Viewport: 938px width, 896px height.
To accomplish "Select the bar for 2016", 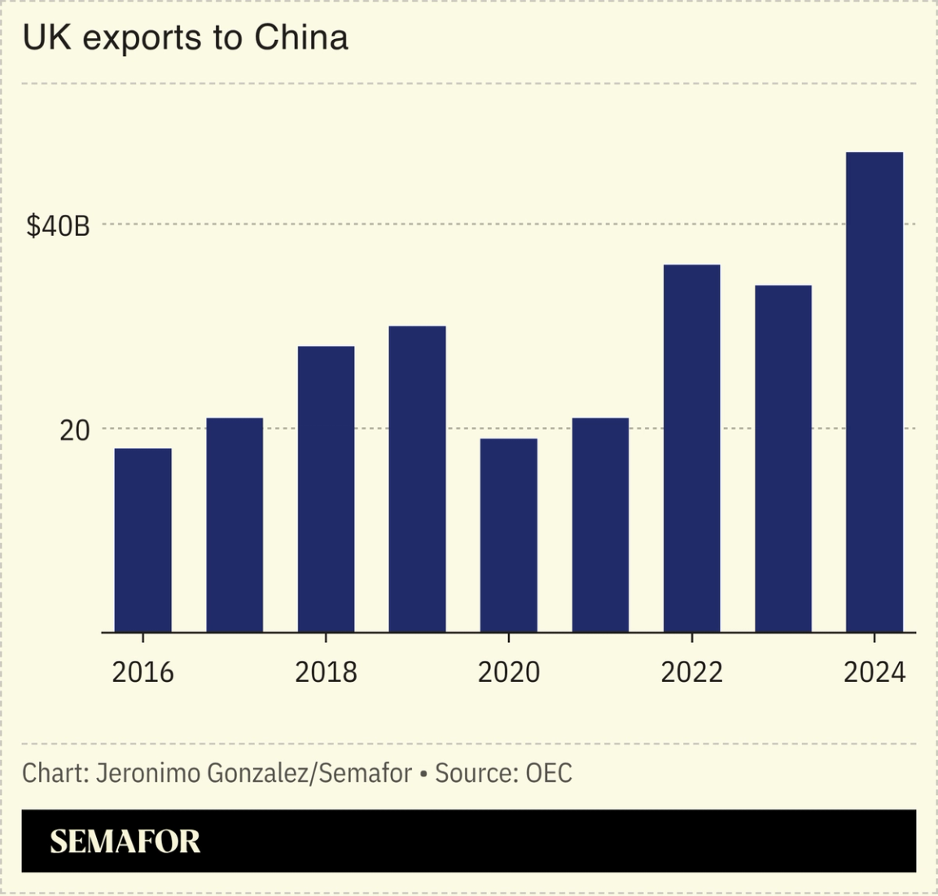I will [142, 540].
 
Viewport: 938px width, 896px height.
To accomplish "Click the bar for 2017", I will [234, 525].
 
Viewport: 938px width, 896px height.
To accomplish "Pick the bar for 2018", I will [326, 489].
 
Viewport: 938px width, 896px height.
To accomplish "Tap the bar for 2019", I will [417, 479].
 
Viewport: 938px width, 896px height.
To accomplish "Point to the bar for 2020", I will [508, 535].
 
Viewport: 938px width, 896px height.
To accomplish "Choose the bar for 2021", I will [600, 525].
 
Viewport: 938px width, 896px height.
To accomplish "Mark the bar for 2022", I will [691, 448].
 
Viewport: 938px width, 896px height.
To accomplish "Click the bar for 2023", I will [782, 459].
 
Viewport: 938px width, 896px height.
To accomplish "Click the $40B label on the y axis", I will [58, 226].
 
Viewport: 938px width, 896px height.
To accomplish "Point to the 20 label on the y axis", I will [74, 431].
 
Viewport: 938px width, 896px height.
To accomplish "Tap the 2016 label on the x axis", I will [142, 672].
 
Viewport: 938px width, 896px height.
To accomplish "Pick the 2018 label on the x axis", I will [326, 672].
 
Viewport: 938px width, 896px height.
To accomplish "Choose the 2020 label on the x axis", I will [508, 672].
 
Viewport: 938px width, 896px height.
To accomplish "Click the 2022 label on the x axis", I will [691, 672].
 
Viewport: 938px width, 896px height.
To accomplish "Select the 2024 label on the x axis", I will [874, 672].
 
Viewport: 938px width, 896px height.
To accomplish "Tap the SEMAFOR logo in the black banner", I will [125, 841].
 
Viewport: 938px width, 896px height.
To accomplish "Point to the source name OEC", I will [549, 772].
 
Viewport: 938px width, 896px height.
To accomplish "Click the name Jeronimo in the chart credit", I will [148, 772].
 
